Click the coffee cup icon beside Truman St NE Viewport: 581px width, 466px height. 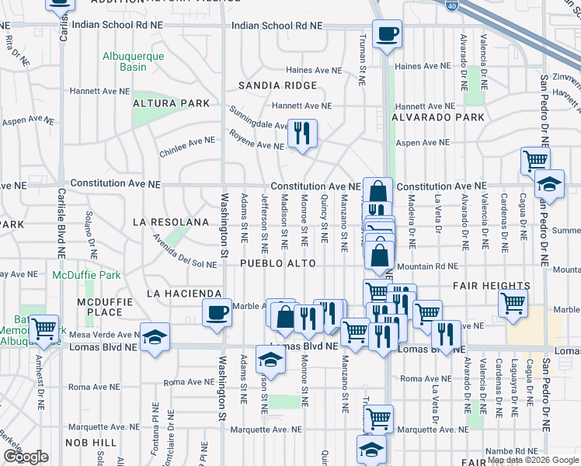[x=386, y=34]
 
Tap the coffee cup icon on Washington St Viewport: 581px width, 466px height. [x=217, y=312]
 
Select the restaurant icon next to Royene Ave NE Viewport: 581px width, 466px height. [x=302, y=133]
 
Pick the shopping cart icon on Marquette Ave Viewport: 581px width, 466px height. [x=378, y=419]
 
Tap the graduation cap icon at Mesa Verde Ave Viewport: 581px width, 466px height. [x=155, y=337]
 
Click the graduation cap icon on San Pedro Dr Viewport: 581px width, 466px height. [x=549, y=185]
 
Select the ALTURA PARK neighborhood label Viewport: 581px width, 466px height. [x=171, y=103]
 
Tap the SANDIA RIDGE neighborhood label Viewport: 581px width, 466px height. [x=277, y=85]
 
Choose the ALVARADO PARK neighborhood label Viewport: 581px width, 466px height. [x=437, y=118]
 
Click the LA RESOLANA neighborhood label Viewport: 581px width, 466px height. [x=171, y=223]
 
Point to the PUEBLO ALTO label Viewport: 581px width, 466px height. [x=277, y=264]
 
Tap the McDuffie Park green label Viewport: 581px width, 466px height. [x=86, y=276]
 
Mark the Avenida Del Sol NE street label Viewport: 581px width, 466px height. [x=184, y=252]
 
